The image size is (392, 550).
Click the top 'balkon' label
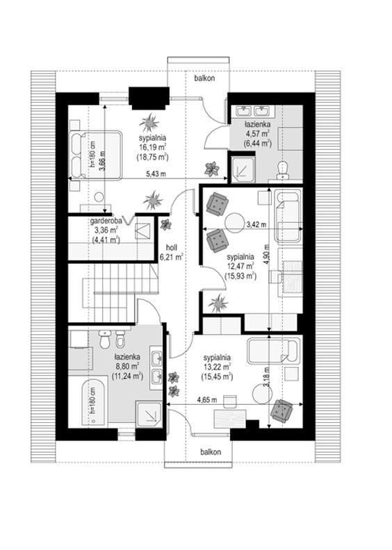point(204,78)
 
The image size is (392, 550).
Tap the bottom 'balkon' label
point(211,452)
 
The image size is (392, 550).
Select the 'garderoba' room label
point(106,221)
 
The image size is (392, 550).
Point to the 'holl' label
point(171,248)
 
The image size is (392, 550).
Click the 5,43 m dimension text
point(156,175)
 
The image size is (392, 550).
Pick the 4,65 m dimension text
point(206,399)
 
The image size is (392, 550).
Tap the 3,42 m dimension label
point(256,224)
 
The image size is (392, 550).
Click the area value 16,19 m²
point(152,147)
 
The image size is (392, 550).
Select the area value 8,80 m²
point(126,367)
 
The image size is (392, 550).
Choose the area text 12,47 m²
point(240,266)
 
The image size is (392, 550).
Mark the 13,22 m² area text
point(217,367)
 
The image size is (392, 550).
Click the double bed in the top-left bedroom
point(96,155)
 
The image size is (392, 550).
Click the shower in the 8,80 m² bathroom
point(149,415)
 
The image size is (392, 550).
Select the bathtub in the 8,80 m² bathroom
point(93,403)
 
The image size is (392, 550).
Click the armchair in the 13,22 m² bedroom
point(281,410)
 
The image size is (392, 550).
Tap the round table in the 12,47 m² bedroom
point(234,223)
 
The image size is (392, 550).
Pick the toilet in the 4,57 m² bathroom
point(282,170)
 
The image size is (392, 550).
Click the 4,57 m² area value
point(257,133)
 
